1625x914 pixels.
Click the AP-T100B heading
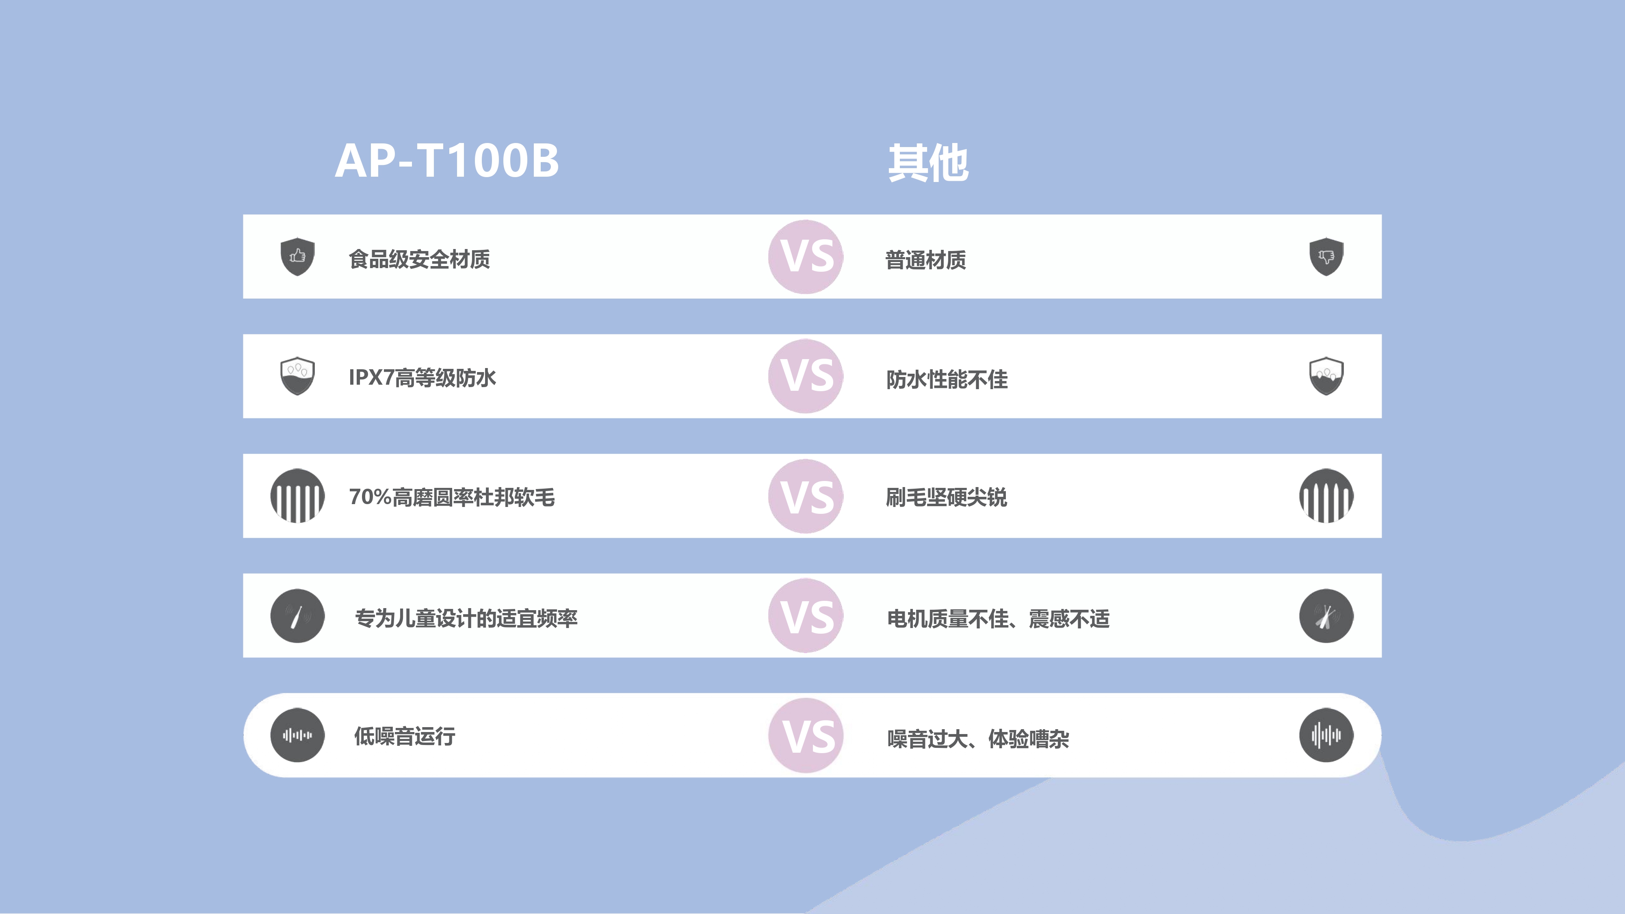point(446,161)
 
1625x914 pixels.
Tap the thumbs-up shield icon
point(297,256)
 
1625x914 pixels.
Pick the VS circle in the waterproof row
point(806,376)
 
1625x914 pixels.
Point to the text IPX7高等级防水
point(422,378)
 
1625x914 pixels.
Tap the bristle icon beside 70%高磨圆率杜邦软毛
point(297,496)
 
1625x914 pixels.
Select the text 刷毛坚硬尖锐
point(946,498)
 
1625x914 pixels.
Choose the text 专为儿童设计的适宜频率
point(466,619)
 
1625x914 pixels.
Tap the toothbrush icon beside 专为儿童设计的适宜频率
point(297,616)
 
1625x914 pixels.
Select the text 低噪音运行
point(404,736)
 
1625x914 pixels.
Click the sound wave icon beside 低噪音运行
point(297,735)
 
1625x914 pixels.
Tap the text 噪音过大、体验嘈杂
point(978,739)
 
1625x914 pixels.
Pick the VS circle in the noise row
point(806,736)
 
